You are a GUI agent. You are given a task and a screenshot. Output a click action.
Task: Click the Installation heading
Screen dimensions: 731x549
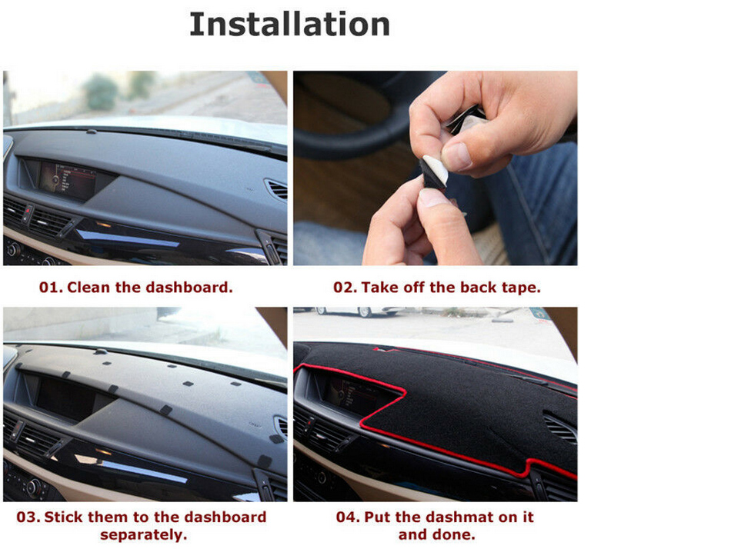[289, 25]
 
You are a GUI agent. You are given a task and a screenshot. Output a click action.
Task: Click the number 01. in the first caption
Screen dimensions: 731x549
[51, 287]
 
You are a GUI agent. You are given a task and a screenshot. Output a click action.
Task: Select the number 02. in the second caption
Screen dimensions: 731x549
[345, 287]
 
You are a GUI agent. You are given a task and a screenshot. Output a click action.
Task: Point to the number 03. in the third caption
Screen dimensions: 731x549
[28, 517]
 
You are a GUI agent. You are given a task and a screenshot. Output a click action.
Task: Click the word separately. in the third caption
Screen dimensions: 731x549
[144, 535]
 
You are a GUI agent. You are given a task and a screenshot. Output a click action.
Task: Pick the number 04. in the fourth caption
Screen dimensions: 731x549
[348, 517]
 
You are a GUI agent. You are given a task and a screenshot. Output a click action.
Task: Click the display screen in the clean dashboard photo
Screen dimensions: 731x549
[68, 181]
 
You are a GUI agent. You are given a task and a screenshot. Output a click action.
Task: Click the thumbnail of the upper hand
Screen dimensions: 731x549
[457, 156]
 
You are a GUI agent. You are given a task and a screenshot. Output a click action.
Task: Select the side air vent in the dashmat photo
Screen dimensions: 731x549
[560, 428]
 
